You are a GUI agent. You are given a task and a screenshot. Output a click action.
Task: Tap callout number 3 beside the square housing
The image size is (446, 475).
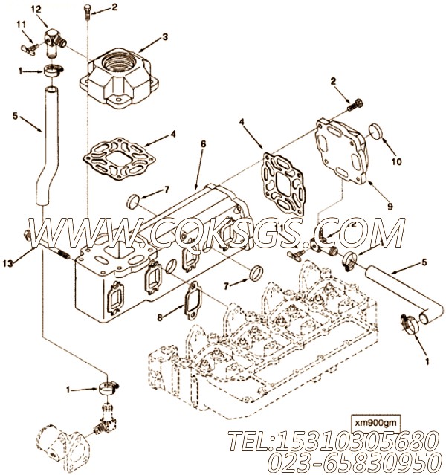point(166,35)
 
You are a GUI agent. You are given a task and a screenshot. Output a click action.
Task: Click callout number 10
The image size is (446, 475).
point(396,159)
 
